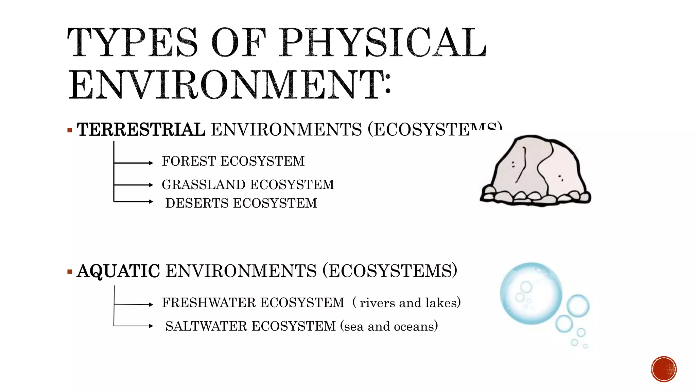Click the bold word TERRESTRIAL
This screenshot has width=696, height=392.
pos(141,130)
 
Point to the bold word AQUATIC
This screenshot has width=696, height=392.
pos(118,271)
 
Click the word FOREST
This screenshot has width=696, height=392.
pos(189,161)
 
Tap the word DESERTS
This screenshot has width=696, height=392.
pos(197,203)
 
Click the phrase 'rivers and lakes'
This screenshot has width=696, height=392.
pos(410,303)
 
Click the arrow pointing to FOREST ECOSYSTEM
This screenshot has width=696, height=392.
pos(134,163)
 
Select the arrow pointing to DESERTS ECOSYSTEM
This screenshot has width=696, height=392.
pos(134,201)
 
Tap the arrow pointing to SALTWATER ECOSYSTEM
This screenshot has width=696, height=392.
pos(134,326)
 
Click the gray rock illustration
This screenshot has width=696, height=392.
pos(536,170)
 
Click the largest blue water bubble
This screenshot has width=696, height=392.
pos(531,293)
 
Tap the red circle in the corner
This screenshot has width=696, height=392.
pos(664,369)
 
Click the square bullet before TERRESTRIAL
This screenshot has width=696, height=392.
pos(70,130)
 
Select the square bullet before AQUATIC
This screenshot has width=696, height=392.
pos(70,272)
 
